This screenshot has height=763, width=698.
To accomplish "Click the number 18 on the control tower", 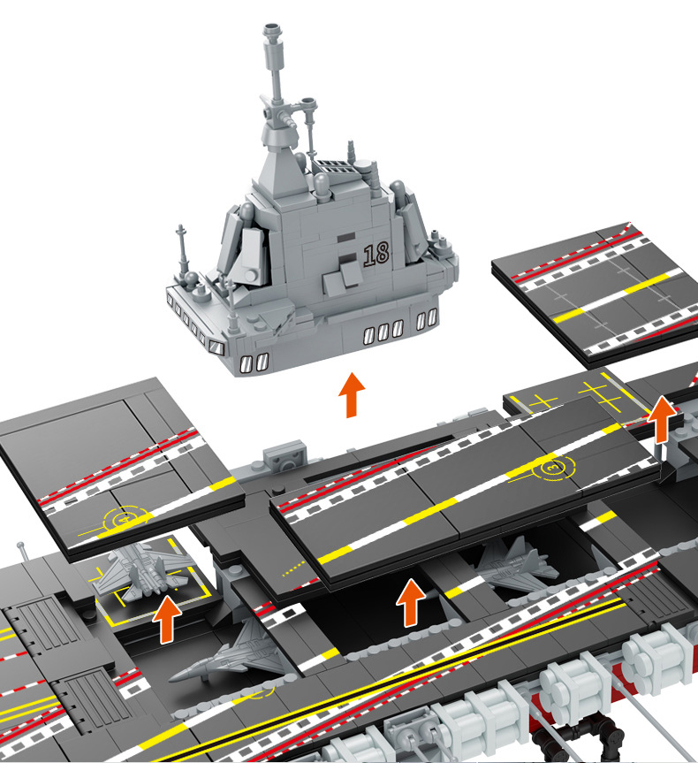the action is [376, 254].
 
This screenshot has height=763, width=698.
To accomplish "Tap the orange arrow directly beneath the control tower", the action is [352, 395].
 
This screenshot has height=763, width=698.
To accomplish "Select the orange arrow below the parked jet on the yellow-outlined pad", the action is [167, 619].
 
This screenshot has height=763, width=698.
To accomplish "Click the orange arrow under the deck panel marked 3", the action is [411, 602].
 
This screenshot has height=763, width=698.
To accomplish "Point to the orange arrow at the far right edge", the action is [662, 419].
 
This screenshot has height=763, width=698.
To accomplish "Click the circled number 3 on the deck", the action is [554, 468].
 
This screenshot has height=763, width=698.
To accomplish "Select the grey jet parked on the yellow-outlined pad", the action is [141, 570].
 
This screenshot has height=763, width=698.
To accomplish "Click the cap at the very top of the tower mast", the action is [273, 30].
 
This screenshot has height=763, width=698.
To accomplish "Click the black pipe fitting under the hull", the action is [579, 740].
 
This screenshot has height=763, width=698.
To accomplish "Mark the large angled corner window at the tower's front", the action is [216, 347].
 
